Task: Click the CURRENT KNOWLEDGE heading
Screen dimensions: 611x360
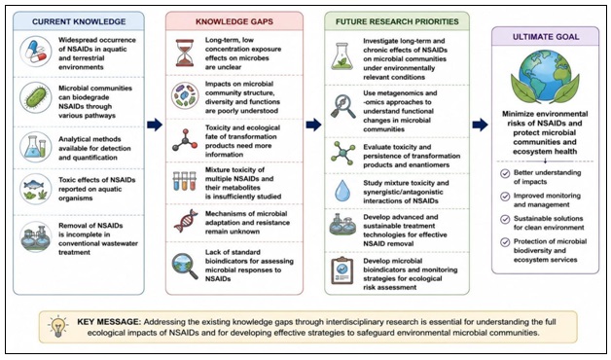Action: pos(79,21)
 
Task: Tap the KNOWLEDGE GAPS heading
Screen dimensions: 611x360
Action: pos(234,21)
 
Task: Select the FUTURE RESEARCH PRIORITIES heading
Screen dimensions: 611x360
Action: pos(397,21)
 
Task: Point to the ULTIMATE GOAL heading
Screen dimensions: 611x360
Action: pos(546,37)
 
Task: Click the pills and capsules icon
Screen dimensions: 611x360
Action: pos(35,53)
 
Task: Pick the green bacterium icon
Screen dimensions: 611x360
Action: pos(35,98)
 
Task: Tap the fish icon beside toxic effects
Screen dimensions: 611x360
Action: pos(35,190)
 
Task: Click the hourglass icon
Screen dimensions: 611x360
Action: pos(185,53)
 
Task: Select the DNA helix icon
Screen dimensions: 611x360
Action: pos(186,221)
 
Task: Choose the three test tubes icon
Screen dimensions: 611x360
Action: pos(184,181)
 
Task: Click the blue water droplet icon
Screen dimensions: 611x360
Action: pos(342,191)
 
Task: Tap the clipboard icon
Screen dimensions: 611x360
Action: pos(341,270)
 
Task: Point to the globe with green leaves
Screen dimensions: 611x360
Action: pos(545,77)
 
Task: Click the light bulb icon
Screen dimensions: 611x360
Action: pos(58,326)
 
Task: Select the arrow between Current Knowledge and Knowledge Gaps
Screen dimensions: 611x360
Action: pos(155,125)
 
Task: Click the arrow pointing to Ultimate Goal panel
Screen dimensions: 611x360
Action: pos(480,125)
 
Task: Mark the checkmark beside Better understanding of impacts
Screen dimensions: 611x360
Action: pos(505,173)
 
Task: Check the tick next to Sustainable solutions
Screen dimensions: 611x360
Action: pos(505,219)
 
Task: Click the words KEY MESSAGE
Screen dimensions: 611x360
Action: pos(108,322)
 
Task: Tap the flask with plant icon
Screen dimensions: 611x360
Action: pos(341,56)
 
